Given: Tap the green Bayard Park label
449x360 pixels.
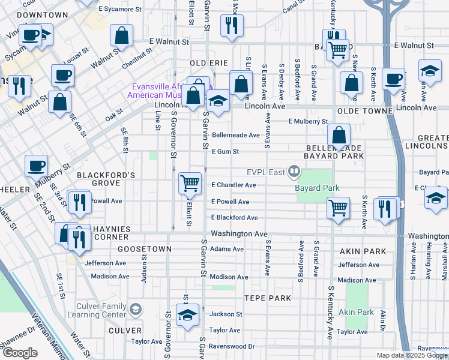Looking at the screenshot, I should [x=317, y=188].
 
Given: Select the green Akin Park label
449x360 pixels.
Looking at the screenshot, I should [x=356, y=312].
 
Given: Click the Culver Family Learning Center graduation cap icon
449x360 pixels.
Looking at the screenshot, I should [x=136, y=310].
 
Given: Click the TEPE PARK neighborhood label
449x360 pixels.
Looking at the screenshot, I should [x=267, y=298].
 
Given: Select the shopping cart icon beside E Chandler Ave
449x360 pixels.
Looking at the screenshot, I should [x=190, y=182].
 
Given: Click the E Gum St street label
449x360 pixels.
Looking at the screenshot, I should [x=225, y=152].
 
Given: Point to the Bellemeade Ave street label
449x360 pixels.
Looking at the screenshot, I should [x=235, y=136].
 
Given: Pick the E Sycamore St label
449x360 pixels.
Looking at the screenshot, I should [x=123, y=10].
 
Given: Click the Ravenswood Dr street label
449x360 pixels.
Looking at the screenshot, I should [x=232, y=346].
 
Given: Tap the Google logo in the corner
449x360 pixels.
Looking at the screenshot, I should [x=20, y=352].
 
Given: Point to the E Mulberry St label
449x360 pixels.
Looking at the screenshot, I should [x=308, y=121].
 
